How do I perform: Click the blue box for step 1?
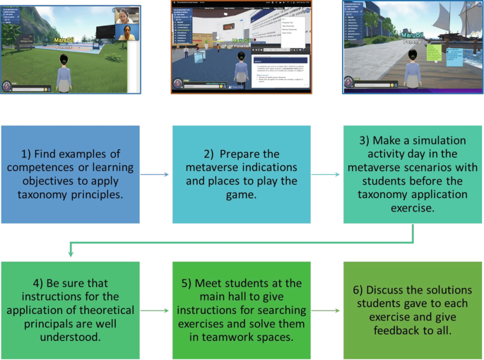pyautogui.click(x=71, y=173)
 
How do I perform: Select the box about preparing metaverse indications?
pyautogui.click(x=242, y=173)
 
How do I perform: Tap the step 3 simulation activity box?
pyautogui.click(x=413, y=173)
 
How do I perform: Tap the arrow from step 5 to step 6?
pyautogui.click(x=327, y=309)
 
